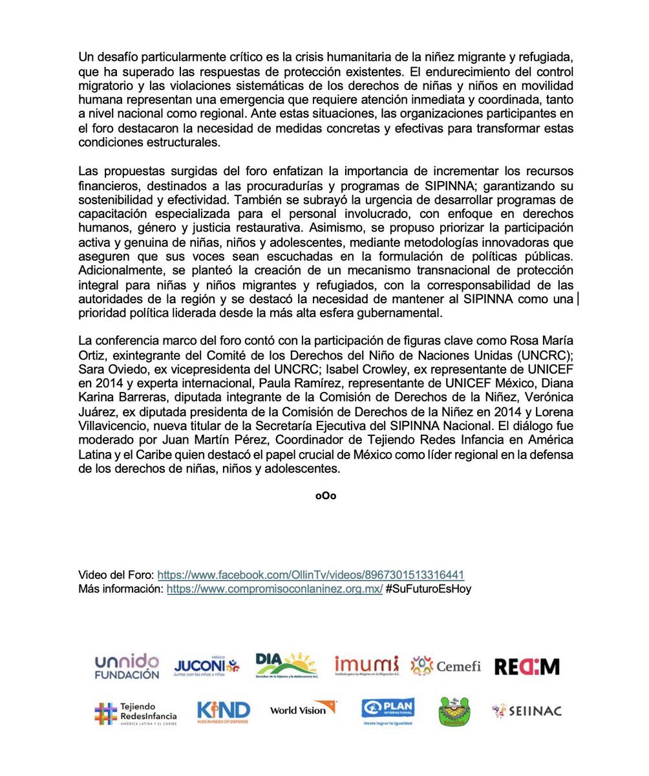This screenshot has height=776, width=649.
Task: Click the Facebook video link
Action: coord(310,575)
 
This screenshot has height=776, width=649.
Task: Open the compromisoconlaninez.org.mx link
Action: coord(275,589)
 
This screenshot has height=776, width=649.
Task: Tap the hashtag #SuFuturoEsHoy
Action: coord(429,589)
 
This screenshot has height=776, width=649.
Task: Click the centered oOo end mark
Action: coord(325,496)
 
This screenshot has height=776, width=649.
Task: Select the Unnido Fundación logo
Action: coord(127,666)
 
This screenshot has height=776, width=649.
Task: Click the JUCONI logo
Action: coord(207,666)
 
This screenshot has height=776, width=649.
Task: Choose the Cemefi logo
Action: coord(446,665)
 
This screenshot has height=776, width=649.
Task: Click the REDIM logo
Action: coord(527,666)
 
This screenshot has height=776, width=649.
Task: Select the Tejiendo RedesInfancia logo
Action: coord(134,712)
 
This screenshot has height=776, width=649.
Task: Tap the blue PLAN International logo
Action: coord(387,711)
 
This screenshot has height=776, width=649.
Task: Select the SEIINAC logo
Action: coord(526,711)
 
